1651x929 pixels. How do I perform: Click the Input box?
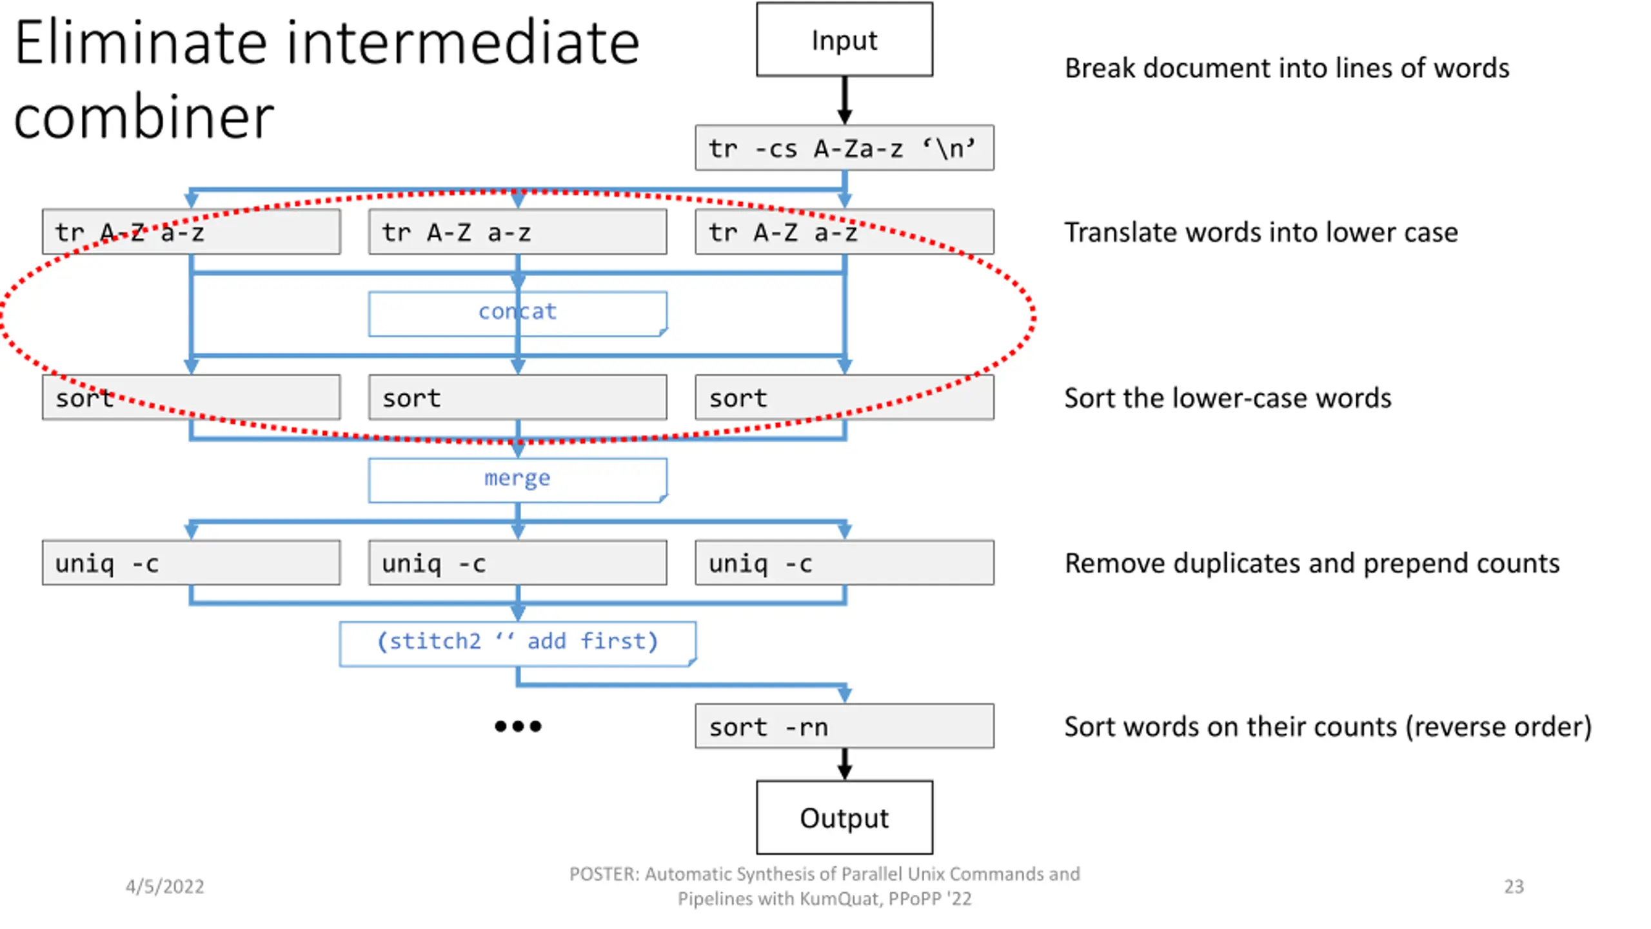844,39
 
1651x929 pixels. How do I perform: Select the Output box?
844,817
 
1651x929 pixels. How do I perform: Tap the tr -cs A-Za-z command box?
844,148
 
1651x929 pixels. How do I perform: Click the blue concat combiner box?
518,314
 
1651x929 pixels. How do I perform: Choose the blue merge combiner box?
518,480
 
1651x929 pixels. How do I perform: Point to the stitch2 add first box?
518,644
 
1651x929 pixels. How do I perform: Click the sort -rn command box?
844,726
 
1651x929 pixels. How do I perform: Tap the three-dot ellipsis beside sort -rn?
518,726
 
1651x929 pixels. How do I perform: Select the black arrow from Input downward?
844,101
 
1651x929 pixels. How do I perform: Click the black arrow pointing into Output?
844,764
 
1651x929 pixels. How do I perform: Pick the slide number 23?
1514,886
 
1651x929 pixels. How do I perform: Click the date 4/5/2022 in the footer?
164,886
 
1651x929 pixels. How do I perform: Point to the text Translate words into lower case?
1261,232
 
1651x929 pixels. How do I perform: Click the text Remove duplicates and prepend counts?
1312,563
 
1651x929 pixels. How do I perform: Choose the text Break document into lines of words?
1287,68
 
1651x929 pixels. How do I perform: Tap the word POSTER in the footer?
603,874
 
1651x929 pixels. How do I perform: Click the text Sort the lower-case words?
1227,398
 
